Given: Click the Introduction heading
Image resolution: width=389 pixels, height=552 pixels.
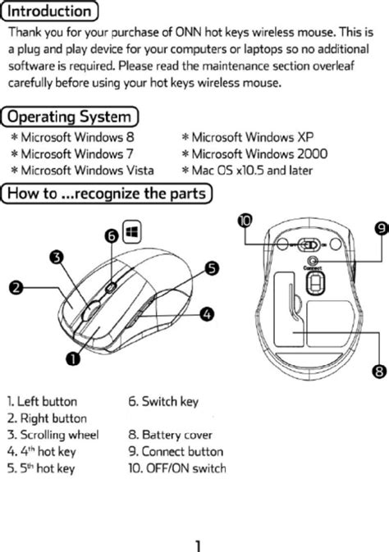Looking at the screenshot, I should click(x=50, y=11).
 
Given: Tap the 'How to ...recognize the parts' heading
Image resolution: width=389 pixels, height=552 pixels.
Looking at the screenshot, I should click(x=108, y=194).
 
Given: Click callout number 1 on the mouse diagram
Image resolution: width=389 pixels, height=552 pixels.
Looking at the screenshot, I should click(x=72, y=358).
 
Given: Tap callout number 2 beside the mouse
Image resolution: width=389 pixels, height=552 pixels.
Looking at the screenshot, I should click(x=16, y=287).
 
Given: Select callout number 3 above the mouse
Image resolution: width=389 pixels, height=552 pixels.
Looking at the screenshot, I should click(x=57, y=258).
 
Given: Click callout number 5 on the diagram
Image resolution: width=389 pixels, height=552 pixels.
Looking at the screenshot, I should click(x=211, y=268).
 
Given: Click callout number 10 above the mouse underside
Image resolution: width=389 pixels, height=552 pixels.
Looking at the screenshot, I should click(x=245, y=220).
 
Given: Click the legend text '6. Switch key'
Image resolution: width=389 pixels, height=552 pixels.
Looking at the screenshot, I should click(x=163, y=402).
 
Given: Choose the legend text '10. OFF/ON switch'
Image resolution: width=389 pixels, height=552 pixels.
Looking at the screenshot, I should click(x=176, y=468).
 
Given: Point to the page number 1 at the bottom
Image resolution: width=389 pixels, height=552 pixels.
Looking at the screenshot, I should click(x=198, y=544).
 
